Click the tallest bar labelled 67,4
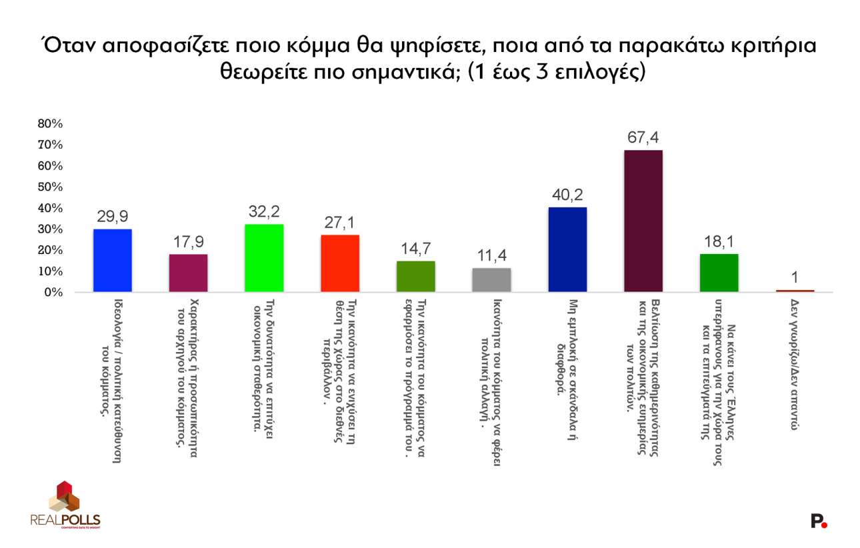tap(643, 221)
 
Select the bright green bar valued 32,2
tap(264, 258)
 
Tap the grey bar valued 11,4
tap(491, 280)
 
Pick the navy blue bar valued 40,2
tap(567, 249)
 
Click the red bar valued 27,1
tap(340, 263)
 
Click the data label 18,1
tap(718, 242)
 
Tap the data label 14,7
tap(415, 249)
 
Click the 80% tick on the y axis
tap(51, 124)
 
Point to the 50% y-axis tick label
tap(51, 187)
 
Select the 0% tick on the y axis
tap(53, 293)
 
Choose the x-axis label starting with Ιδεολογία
tap(112, 380)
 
